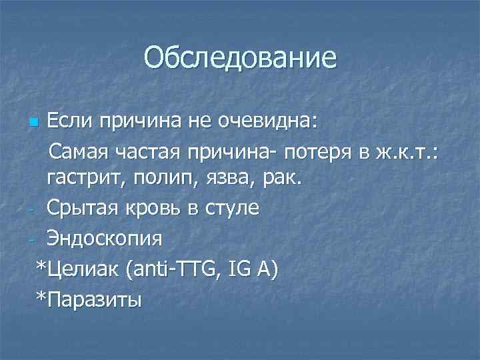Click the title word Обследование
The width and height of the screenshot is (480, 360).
[240, 57]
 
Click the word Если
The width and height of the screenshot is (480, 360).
[69, 122]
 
